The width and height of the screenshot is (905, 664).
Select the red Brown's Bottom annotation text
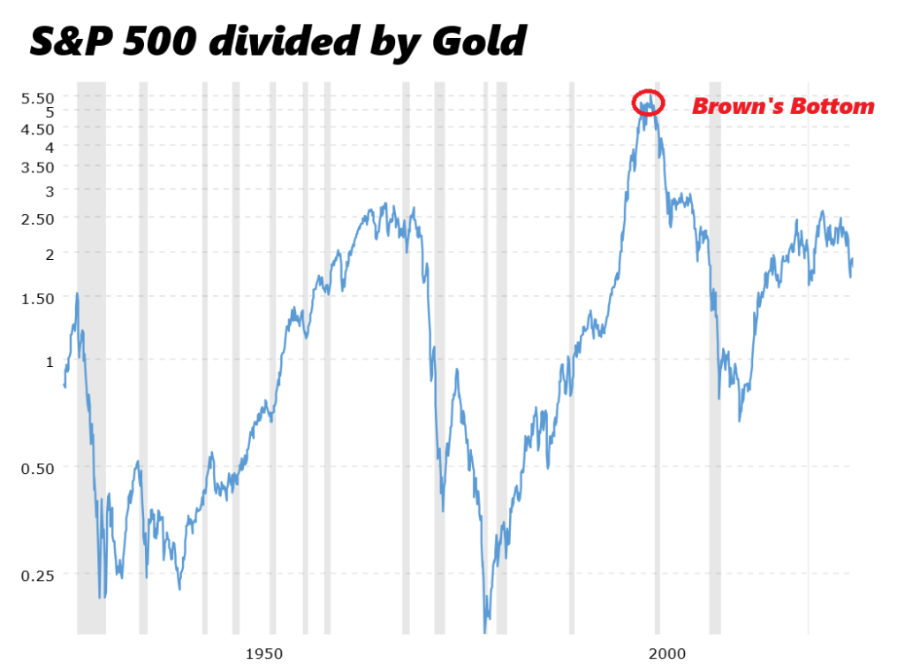(x=782, y=107)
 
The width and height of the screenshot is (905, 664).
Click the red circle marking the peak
(x=648, y=103)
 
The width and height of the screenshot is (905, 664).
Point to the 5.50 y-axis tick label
(x=37, y=97)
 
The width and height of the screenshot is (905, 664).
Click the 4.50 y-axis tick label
(x=37, y=129)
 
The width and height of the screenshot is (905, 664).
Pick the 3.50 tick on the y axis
(x=37, y=167)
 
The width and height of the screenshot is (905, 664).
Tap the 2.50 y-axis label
(x=37, y=218)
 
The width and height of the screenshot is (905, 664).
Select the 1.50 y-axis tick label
(x=37, y=298)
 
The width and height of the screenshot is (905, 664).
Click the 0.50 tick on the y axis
(x=37, y=468)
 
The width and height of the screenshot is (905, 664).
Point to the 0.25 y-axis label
(x=37, y=575)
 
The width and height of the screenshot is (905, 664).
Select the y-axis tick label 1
(x=49, y=361)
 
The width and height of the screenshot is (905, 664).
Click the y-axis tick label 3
(x=49, y=191)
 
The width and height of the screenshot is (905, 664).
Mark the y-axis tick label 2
(x=49, y=254)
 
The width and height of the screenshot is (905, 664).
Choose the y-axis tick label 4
(x=49, y=147)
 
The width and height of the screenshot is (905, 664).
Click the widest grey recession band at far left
(x=91, y=354)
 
